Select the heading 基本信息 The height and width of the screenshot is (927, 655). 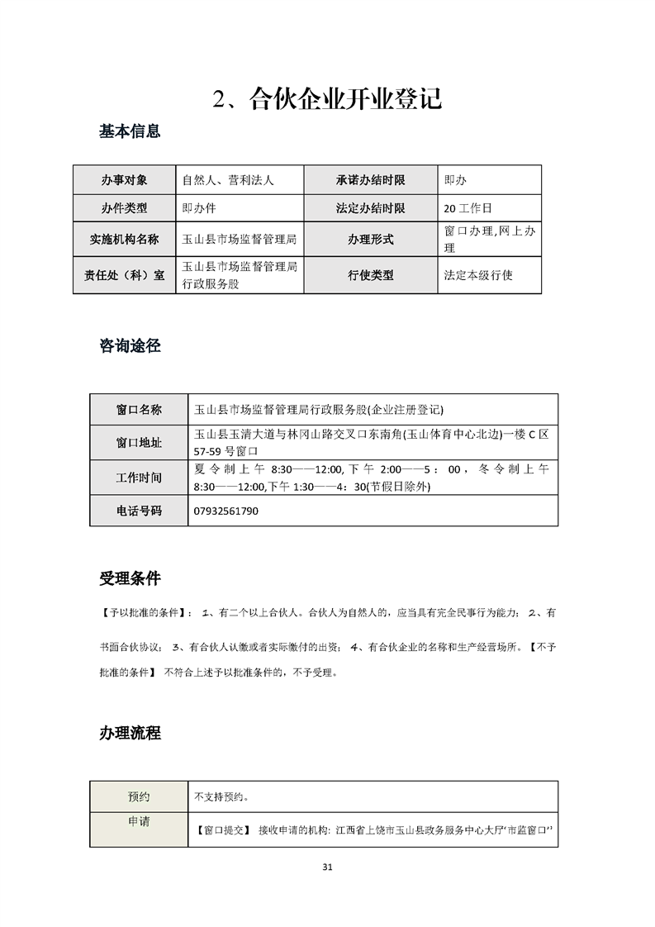click(130, 131)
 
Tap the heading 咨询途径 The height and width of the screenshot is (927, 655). click(130, 347)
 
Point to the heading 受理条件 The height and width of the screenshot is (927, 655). click(130, 578)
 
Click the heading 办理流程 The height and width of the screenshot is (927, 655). click(130, 733)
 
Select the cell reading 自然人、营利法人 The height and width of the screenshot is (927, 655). click(228, 179)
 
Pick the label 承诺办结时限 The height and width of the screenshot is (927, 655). click(370, 179)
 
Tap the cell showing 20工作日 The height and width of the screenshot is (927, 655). click(468, 208)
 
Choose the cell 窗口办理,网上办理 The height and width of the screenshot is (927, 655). click(489, 240)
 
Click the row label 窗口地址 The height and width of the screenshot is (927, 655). click(139, 443)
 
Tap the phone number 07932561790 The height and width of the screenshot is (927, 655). click(225, 511)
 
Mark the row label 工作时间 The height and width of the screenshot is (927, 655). click(139, 478)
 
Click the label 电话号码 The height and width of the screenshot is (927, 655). click(139, 511)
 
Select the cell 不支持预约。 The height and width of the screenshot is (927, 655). click(221, 797)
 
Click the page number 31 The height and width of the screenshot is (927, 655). click(327, 868)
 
